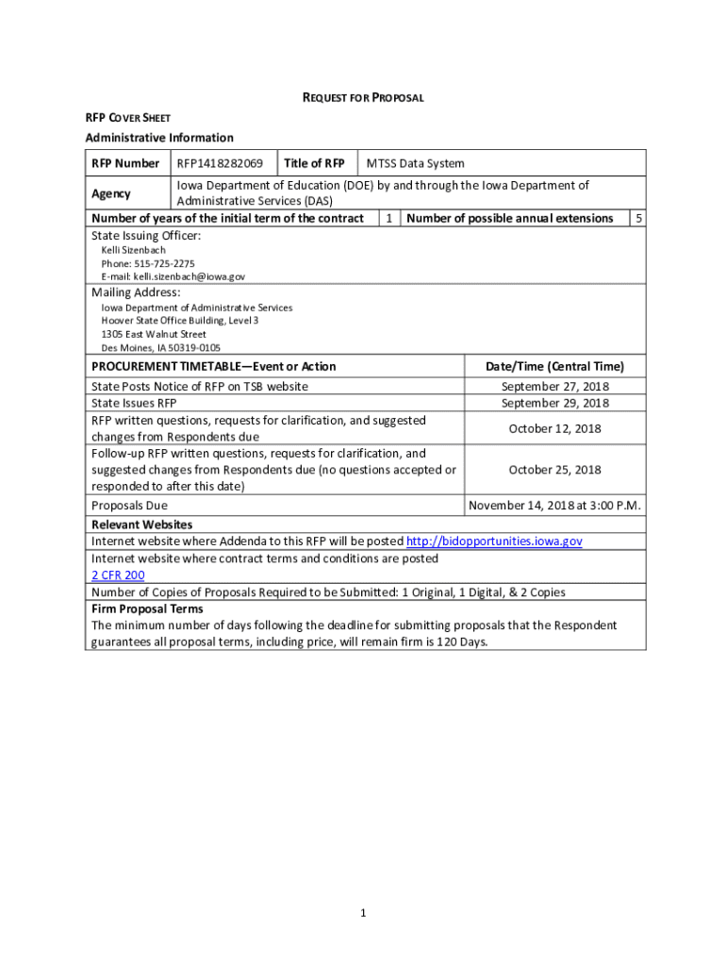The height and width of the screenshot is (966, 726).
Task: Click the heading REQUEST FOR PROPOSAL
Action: click(362, 97)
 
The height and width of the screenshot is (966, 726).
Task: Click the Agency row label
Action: click(111, 193)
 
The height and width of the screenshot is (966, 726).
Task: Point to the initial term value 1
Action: click(389, 218)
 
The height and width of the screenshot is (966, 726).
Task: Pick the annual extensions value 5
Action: click(638, 218)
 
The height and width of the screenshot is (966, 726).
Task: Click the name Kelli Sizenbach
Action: click(133, 250)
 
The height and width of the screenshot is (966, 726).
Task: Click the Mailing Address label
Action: click(136, 292)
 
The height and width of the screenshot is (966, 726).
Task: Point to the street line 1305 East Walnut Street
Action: click(154, 334)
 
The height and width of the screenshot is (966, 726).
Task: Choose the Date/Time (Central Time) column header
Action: click(554, 366)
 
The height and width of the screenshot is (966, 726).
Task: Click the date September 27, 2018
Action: click(554, 387)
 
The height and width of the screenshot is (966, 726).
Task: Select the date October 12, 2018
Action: click(554, 428)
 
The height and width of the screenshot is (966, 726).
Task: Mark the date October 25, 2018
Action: click(554, 470)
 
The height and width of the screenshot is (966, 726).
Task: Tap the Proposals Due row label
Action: click(129, 506)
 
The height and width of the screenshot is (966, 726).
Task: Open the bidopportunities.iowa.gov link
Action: click(494, 541)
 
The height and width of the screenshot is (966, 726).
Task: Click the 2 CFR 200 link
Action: click(118, 575)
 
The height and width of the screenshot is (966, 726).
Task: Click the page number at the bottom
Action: click(363, 913)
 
